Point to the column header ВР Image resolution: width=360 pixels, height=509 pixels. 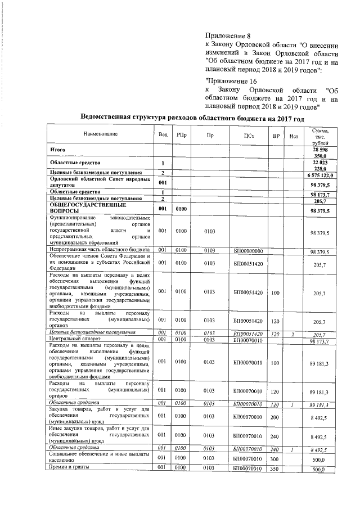[x=276, y=136]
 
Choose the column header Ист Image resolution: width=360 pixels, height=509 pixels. [x=293, y=136]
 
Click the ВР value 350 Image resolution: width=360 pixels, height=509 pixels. [x=276, y=468]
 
